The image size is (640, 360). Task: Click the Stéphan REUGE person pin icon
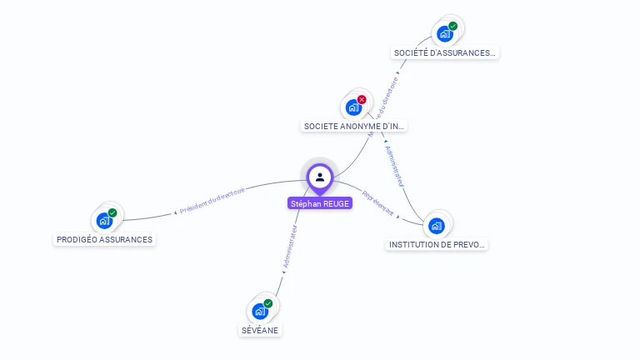(x=320, y=177)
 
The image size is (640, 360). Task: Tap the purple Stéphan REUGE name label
(x=320, y=203)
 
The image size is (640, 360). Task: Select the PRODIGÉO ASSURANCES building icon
(x=104, y=221)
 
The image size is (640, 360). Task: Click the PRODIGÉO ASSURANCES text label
(x=105, y=240)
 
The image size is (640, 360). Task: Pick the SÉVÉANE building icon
(x=260, y=312)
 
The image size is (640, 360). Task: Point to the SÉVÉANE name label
(x=260, y=330)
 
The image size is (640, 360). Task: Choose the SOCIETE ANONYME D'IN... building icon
(x=354, y=107)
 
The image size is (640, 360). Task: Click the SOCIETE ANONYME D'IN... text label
(x=354, y=127)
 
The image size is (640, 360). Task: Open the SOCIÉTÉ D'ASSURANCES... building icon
(x=445, y=34)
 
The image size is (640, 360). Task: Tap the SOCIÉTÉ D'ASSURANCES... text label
(x=445, y=53)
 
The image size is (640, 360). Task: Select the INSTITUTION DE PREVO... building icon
(x=437, y=226)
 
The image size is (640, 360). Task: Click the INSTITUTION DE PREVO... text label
(x=437, y=245)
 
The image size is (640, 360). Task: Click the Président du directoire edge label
(x=212, y=202)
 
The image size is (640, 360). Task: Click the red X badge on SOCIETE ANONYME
(x=362, y=100)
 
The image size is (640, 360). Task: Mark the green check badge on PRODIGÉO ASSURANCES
(x=112, y=213)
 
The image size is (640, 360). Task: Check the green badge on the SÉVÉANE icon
(x=268, y=304)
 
